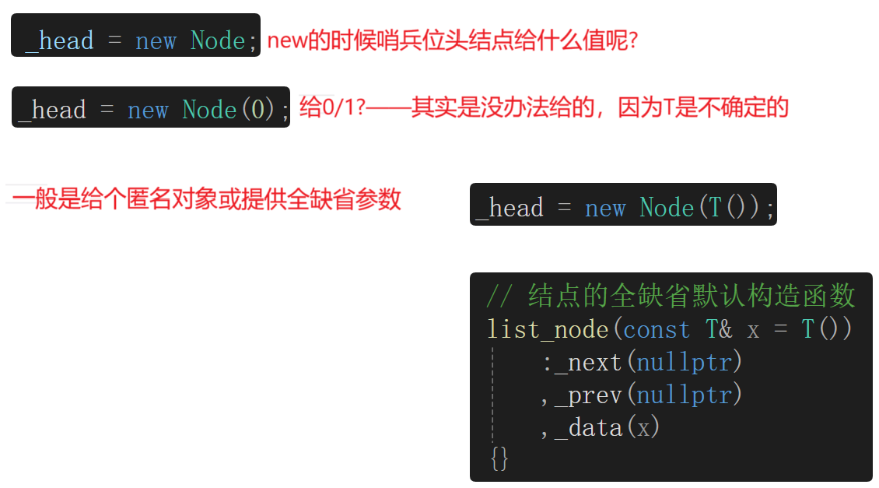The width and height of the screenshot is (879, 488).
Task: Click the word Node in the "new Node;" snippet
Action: [x=219, y=40]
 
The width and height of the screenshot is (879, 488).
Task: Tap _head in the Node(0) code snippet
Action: [x=52, y=110]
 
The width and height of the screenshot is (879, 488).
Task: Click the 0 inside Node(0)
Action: [x=257, y=110]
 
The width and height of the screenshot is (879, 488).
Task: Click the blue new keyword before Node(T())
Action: [x=605, y=208]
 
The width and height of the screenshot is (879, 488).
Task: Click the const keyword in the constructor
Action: [x=657, y=329]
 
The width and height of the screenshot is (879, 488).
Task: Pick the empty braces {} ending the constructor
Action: [x=499, y=458]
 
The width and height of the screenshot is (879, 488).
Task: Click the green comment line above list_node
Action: [x=671, y=297]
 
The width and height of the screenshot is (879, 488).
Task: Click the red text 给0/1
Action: [x=327, y=108]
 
